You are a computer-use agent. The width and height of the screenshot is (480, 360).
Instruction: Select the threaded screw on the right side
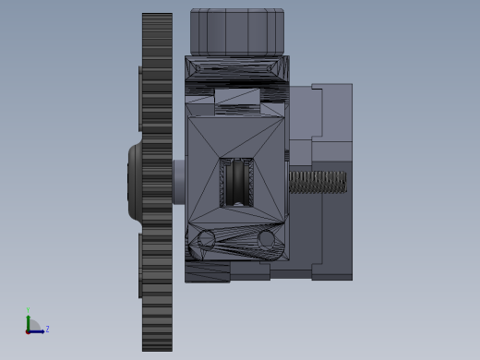click(318, 182)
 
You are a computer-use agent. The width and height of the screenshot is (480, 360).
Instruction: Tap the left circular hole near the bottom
click(206, 240)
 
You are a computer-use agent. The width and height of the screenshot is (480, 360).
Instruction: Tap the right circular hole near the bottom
click(267, 239)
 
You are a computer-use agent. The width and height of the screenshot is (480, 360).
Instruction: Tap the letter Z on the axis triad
click(47, 329)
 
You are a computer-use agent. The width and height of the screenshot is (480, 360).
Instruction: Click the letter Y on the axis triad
click(28, 310)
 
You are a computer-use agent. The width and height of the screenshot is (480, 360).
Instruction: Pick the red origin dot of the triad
click(28, 331)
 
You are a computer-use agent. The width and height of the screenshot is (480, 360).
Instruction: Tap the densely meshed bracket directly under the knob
click(236, 69)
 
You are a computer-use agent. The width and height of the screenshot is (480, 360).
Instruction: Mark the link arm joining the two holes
click(236, 241)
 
